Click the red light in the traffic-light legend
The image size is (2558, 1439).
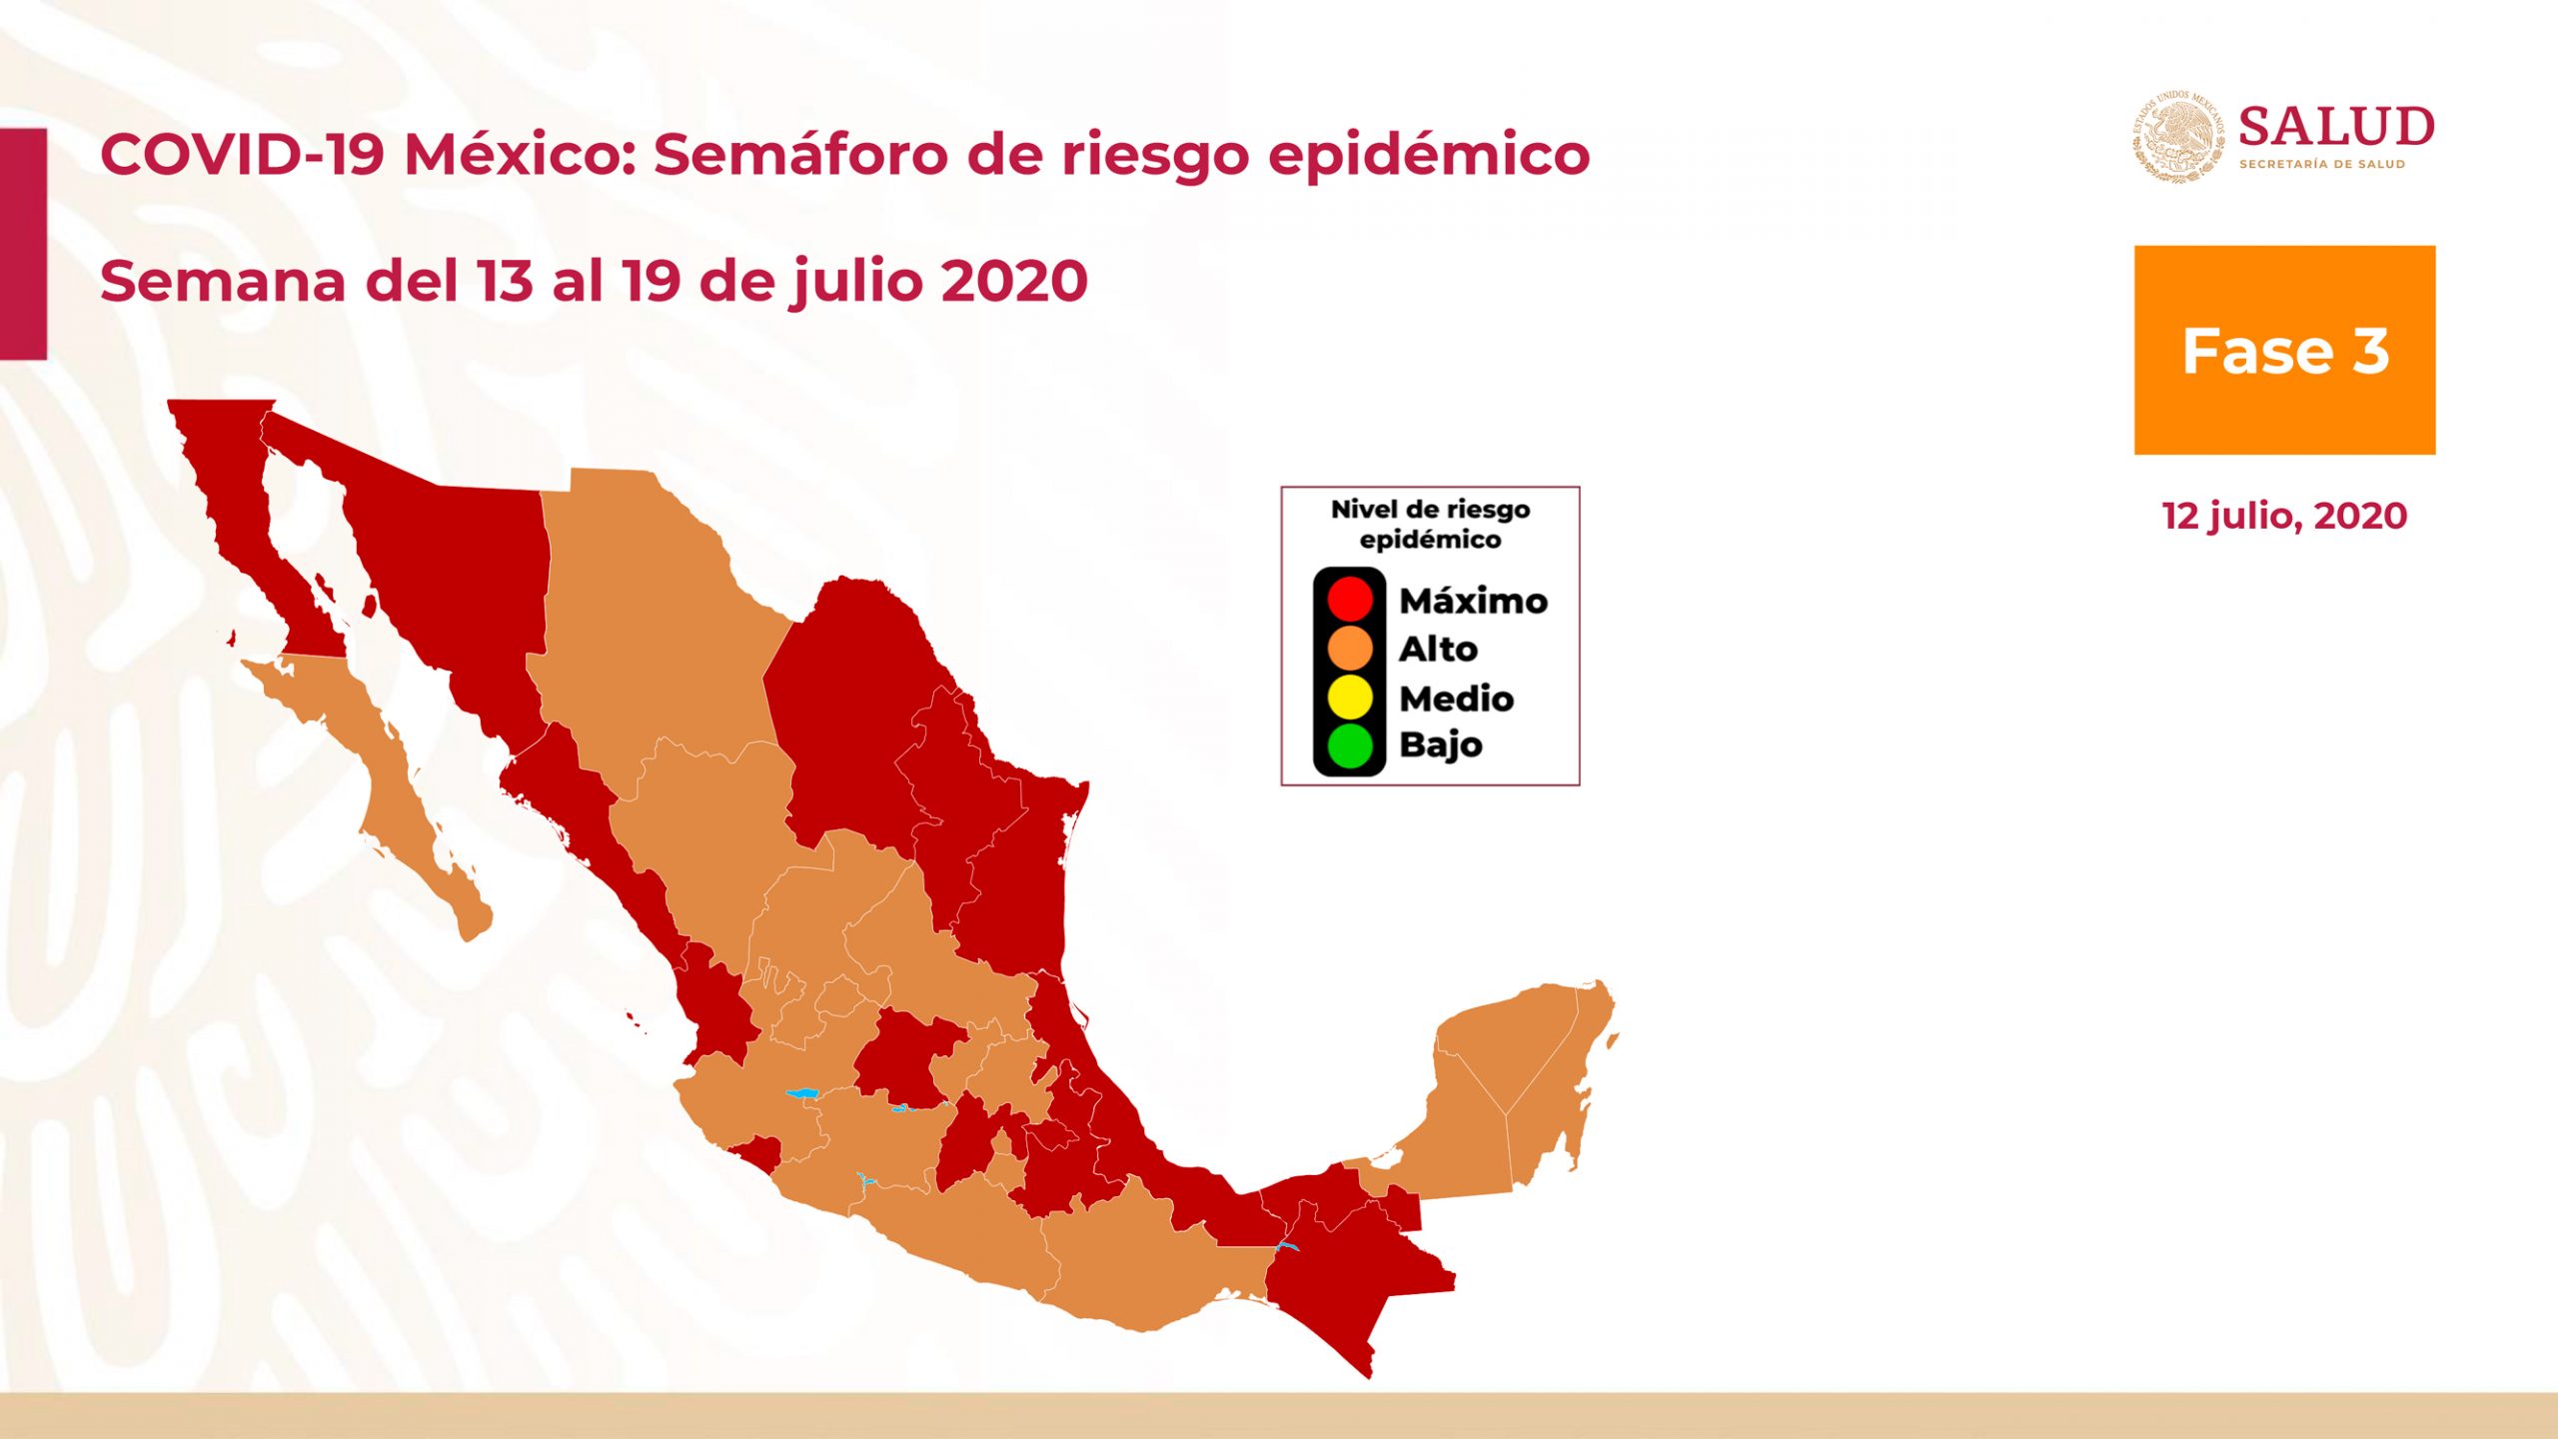(x=1350, y=599)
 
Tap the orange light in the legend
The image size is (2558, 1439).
(x=1350, y=648)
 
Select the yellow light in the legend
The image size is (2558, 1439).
(x=1350, y=697)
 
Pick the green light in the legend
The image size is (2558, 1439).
(x=1350, y=745)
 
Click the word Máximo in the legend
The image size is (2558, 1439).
(x=1474, y=600)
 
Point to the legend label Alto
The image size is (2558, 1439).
(x=1438, y=649)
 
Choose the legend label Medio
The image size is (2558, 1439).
(x=1457, y=698)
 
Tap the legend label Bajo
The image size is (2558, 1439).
(x=1441, y=745)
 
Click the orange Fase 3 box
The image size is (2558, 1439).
(x=2285, y=350)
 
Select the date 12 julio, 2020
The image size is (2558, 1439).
(x=2285, y=517)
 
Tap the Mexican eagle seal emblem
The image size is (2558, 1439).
(x=2179, y=136)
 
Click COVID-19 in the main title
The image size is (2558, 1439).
(x=242, y=155)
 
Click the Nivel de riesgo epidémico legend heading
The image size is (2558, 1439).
(x=1431, y=525)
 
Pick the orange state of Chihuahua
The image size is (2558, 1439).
(x=649, y=620)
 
